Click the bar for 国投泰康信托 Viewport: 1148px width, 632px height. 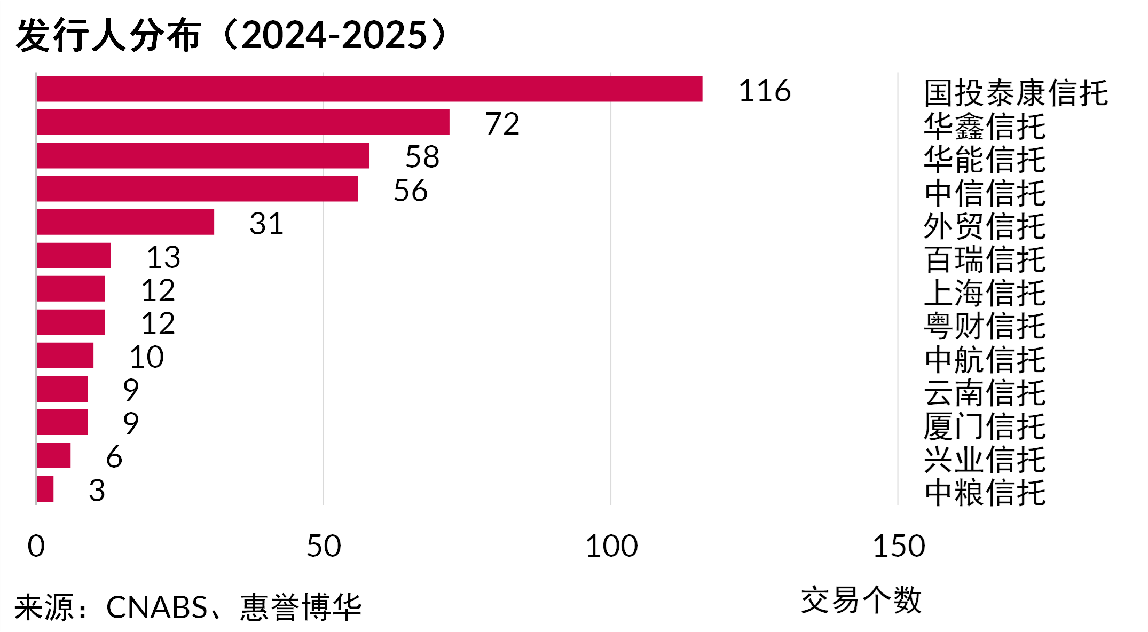click(369, 89)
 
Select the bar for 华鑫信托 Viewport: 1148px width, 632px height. click(243, 122)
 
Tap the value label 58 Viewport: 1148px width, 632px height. click(422, 157)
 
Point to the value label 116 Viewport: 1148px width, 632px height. click(764, 91)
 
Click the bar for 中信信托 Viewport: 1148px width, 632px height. click(197, 189)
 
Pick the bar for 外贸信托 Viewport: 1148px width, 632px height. click(125, 222)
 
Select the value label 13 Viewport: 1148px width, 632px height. click(163, 257)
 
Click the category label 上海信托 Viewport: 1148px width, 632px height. click(985, 293)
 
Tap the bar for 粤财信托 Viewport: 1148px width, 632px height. click(70, 322)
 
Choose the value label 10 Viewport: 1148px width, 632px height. click(146, 357)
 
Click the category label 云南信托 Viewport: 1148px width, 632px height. click(985, 393)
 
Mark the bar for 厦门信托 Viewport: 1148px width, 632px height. click(62, 422)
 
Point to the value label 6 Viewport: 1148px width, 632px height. click(114, 457)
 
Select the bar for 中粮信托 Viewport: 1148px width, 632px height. click(45, 489)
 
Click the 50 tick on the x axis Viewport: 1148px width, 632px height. click(324, 546)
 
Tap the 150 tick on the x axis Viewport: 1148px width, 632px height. click(899, 546)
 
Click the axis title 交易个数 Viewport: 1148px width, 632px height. click(861, 600)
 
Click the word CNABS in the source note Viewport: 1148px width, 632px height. click(156, 607)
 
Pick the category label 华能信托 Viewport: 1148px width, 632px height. click(985, 160)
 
